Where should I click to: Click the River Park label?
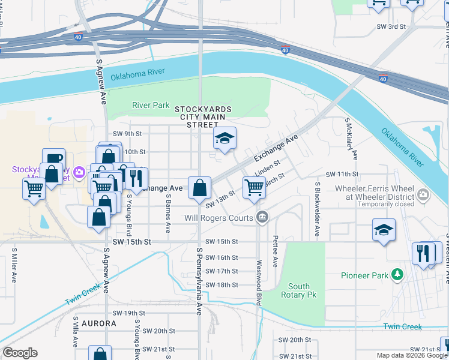(151, 105)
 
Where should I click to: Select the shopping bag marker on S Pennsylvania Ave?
(199, 188)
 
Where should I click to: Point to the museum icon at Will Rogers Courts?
(261, 217)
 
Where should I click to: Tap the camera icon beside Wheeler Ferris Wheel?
(423, 194)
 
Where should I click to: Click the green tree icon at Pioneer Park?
(396, 275)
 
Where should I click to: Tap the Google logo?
(20, 353)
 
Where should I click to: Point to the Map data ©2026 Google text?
(412, 355)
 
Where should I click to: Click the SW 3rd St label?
(391, 27)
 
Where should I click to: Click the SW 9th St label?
(127, 133)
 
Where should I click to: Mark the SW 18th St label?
(221, 285)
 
